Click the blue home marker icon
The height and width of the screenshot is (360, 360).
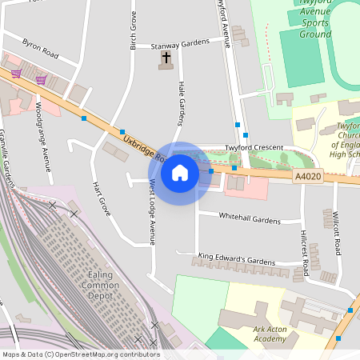tap(180, 173)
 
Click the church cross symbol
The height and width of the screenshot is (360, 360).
tap(166, 58)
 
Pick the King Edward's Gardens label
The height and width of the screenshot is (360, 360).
tap(237, 259)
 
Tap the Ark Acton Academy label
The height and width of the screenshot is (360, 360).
tap(258, 333)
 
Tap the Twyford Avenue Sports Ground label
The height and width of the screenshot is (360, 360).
tap(315, 18)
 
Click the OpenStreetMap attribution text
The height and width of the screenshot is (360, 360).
tap(81, 354)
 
